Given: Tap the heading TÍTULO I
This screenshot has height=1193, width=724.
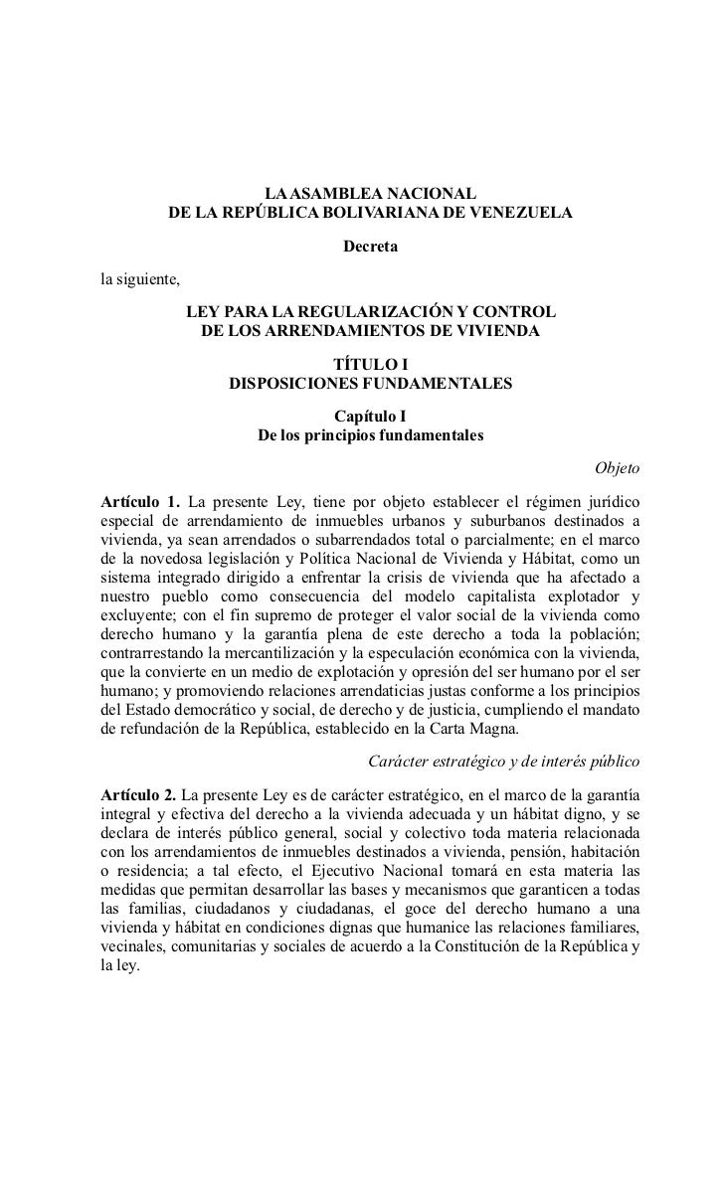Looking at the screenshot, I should (x=370, y=365).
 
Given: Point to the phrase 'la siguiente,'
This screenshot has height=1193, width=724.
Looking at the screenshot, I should (x=140, y=277).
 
